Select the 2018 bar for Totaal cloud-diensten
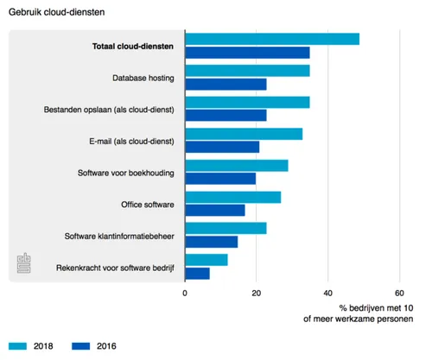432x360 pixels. tap(272, 39)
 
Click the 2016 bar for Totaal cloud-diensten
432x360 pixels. tap(247, 53)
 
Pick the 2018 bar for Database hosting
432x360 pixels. tap(247, 70)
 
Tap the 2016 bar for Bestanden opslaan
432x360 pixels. tap(226, 115)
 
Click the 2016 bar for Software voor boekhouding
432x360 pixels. tap(220, 179)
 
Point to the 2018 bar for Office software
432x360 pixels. tap(233, 198)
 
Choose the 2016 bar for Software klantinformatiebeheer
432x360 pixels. tap(211, 242)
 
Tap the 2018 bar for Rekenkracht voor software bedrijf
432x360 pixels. tap(206, 260)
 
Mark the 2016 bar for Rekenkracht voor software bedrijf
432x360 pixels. tap(197, 274)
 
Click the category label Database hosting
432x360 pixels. tap(143, 78)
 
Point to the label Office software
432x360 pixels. tap(149, 205)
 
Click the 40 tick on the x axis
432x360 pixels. tap(327, 293)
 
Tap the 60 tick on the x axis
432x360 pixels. tap(398, 293)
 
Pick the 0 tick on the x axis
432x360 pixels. tap(185, 293)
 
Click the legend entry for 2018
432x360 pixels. tap(31, 346)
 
